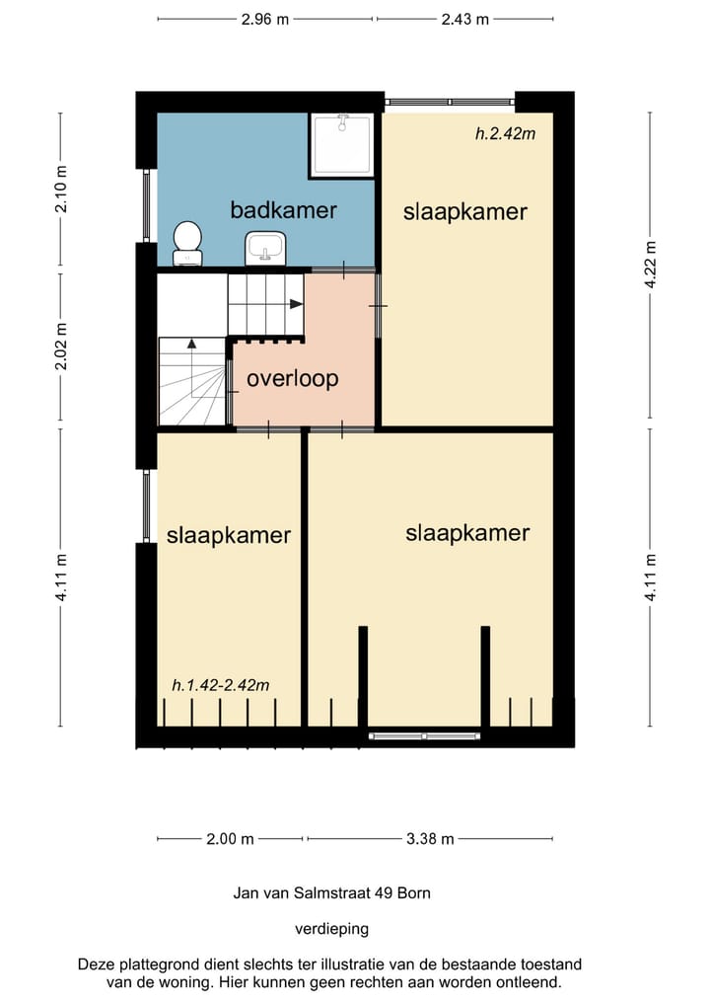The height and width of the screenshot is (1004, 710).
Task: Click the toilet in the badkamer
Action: coord(188,243)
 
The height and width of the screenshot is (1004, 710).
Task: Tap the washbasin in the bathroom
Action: coord(265,248)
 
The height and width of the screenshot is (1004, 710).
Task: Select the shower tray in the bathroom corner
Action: coord(342,145)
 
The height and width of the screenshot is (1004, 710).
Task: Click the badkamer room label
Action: coord(283,210)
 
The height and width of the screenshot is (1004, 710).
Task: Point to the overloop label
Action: coord(292,378)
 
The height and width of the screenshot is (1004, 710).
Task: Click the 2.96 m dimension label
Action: coord(265,19)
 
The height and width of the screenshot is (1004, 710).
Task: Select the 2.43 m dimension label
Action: coord(465,19)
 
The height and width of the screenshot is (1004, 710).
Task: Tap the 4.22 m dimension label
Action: coord(651,265)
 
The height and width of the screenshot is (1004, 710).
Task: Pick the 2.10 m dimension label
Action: coord(61,189)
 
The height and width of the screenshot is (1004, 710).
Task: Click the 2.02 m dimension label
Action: coord(61,347)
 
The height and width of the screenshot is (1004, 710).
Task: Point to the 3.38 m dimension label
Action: coord(430,838)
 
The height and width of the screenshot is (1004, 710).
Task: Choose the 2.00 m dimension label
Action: coord(231,838)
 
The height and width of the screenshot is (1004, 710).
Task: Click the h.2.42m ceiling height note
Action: coord(505,133)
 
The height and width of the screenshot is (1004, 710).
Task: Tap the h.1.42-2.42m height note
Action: coord(221,685)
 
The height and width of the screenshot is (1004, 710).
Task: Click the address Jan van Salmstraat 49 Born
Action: coord(331,892)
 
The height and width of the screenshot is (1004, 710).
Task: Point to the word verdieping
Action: coord(331,928)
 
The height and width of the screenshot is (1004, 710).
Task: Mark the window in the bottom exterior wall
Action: coord(425,736)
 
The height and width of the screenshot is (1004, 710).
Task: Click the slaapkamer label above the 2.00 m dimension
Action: coord(229,535)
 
